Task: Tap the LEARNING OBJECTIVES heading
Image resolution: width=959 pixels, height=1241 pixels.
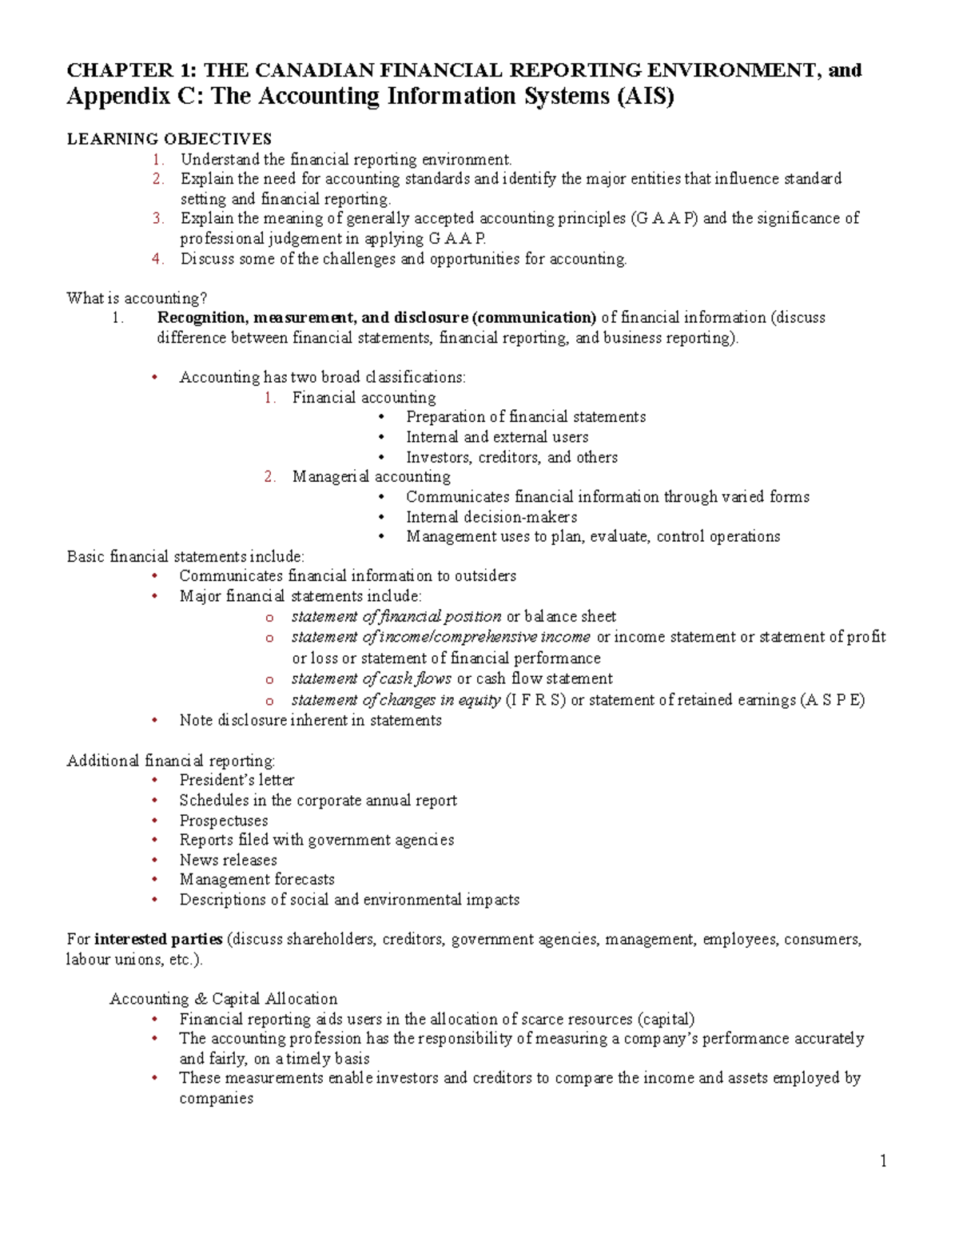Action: (x=169, y=139)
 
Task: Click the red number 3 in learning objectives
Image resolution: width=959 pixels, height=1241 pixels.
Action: (x=157, y=218)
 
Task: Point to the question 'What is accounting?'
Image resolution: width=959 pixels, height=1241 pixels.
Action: (x=137, y=298)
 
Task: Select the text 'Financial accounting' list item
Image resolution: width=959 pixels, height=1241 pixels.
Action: (x=364, y=397)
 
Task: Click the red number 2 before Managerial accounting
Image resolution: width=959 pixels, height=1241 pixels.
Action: (x=270, y=477)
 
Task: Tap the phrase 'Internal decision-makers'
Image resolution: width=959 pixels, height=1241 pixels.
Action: (x=491, y=517)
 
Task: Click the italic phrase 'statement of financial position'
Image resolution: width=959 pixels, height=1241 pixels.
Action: (x=396, y=617)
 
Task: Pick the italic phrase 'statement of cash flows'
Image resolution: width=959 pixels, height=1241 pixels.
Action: (x=371, y=678)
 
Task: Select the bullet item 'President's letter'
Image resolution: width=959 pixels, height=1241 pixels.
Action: (x=237, y=780)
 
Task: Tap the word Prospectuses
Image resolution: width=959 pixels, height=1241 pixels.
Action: (x=223, y=821)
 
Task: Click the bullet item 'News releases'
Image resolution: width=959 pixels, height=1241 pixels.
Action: (x=228, y=861)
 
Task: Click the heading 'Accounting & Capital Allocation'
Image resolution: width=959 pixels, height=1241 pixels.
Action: (x=223, y=999)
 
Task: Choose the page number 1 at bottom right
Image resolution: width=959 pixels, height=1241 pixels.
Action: (x=883, y=1161)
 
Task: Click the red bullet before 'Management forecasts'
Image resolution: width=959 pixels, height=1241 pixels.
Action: (x=155, y=880)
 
